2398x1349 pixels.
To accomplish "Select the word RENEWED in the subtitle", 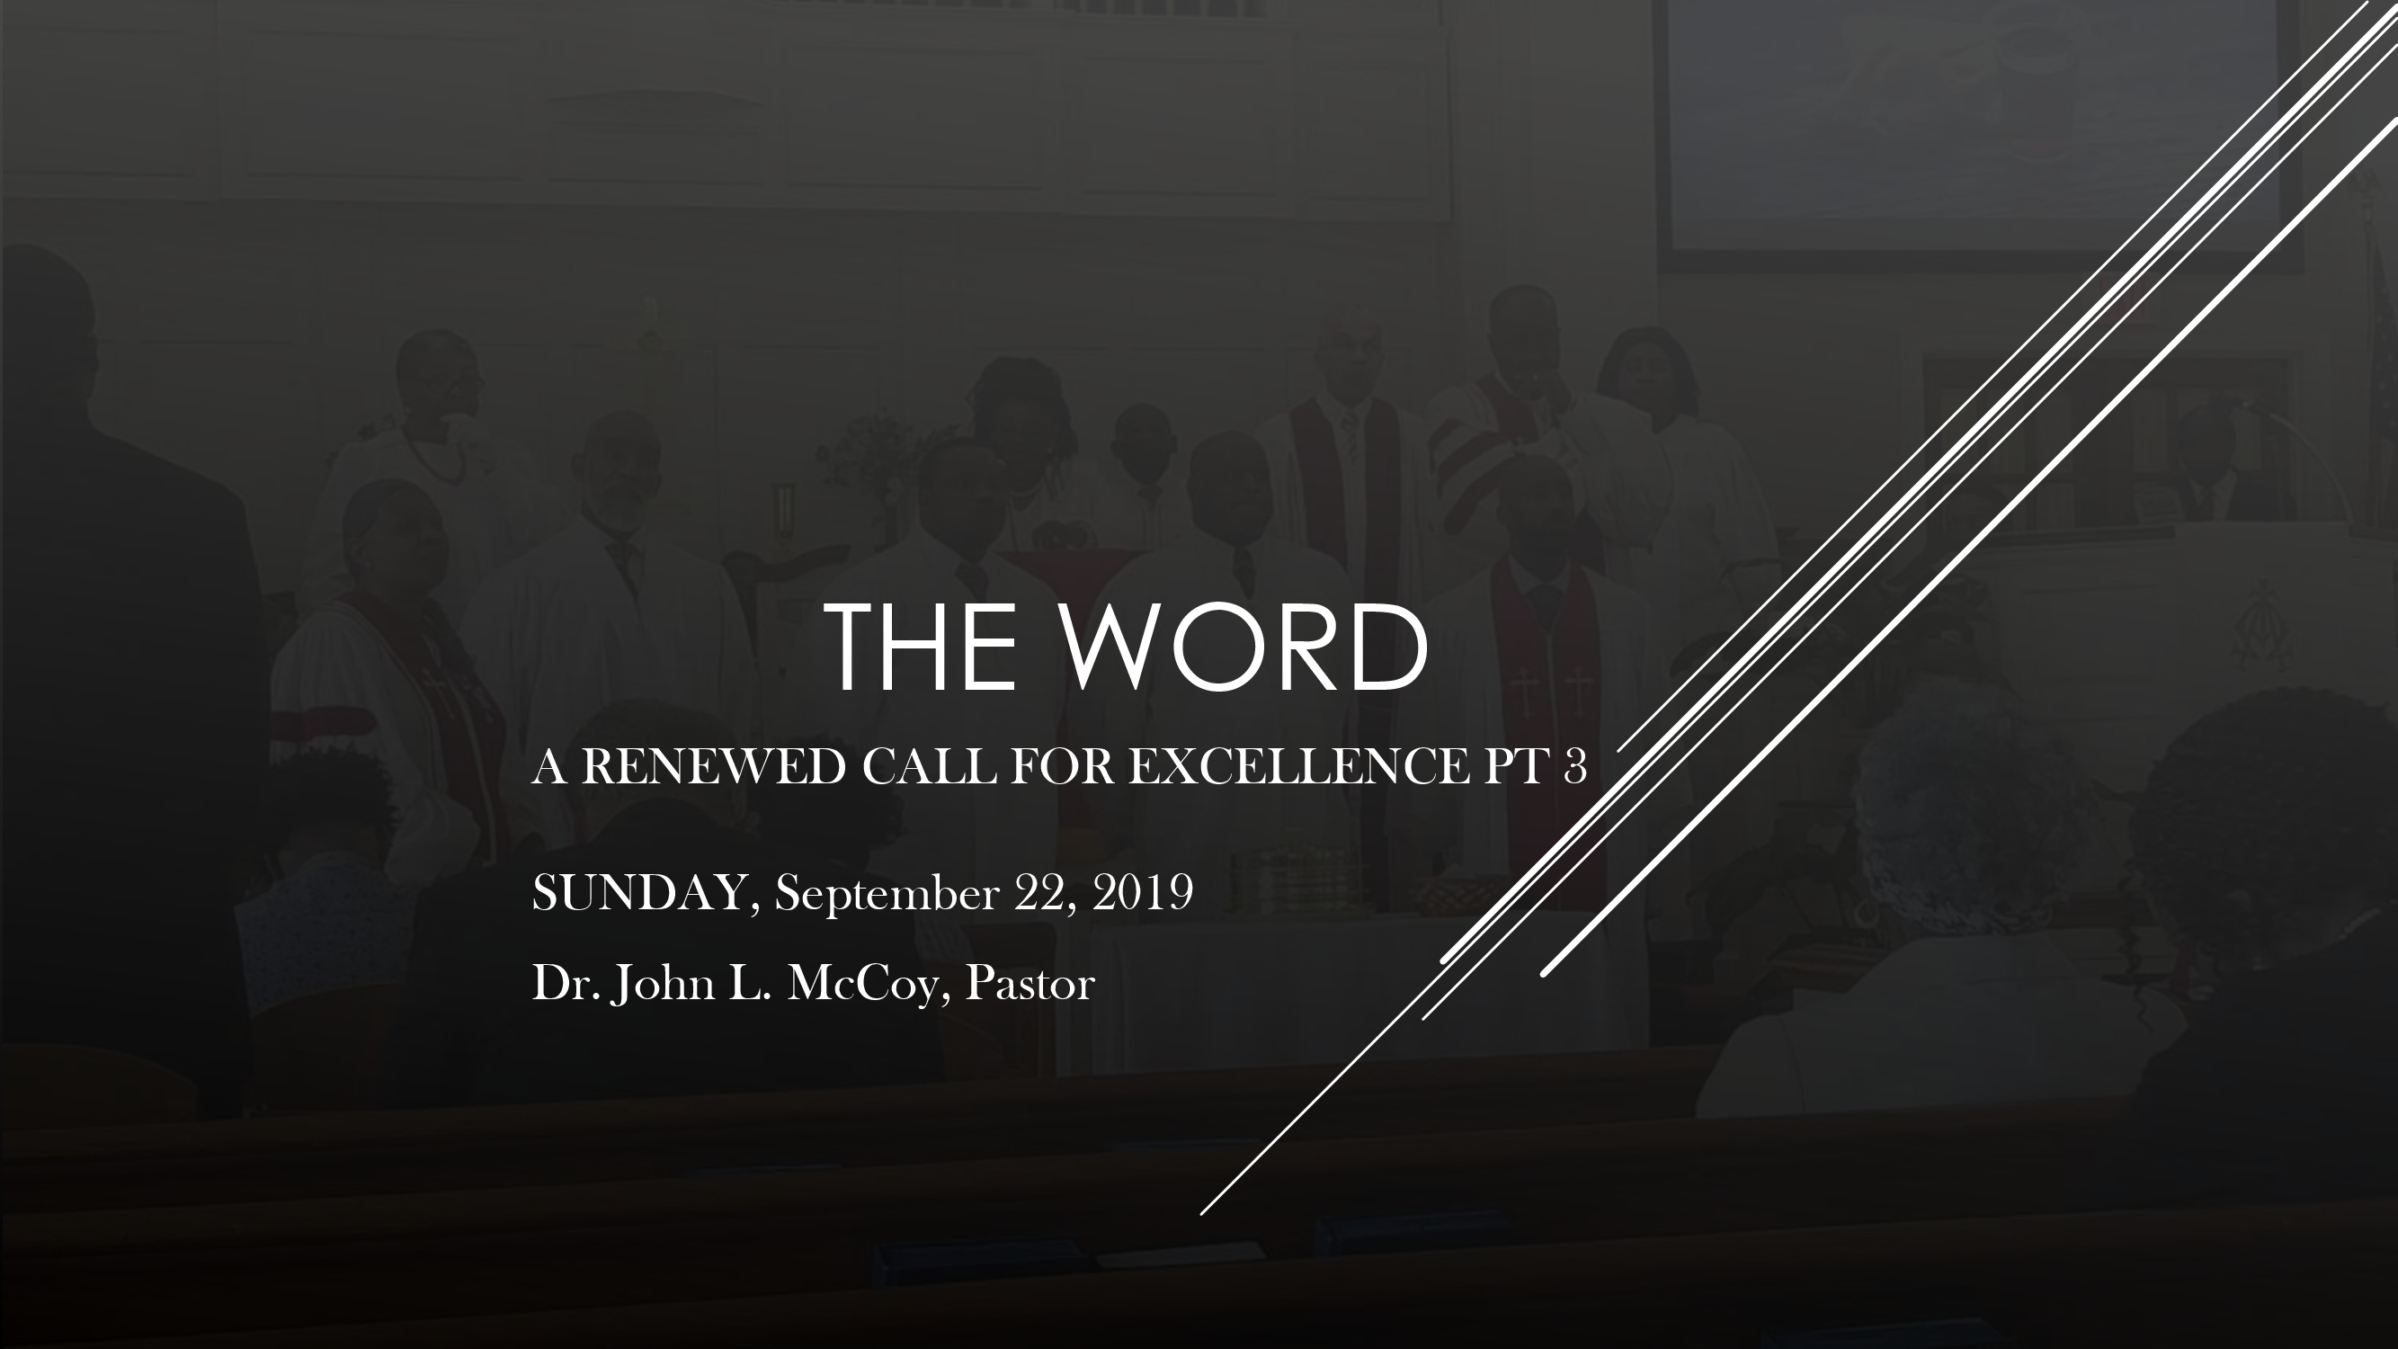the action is (713, 767).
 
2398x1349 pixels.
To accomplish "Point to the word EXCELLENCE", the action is (1298, 767).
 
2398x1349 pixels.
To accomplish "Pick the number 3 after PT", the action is (1575, 767).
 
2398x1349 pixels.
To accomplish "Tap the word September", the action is (887, 896).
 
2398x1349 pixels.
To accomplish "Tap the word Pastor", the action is (1029, 984).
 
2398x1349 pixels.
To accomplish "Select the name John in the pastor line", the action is (663, 985).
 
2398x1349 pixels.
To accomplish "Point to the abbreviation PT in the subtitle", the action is (1514, 767).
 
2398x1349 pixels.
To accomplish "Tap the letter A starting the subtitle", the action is (549, 767).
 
